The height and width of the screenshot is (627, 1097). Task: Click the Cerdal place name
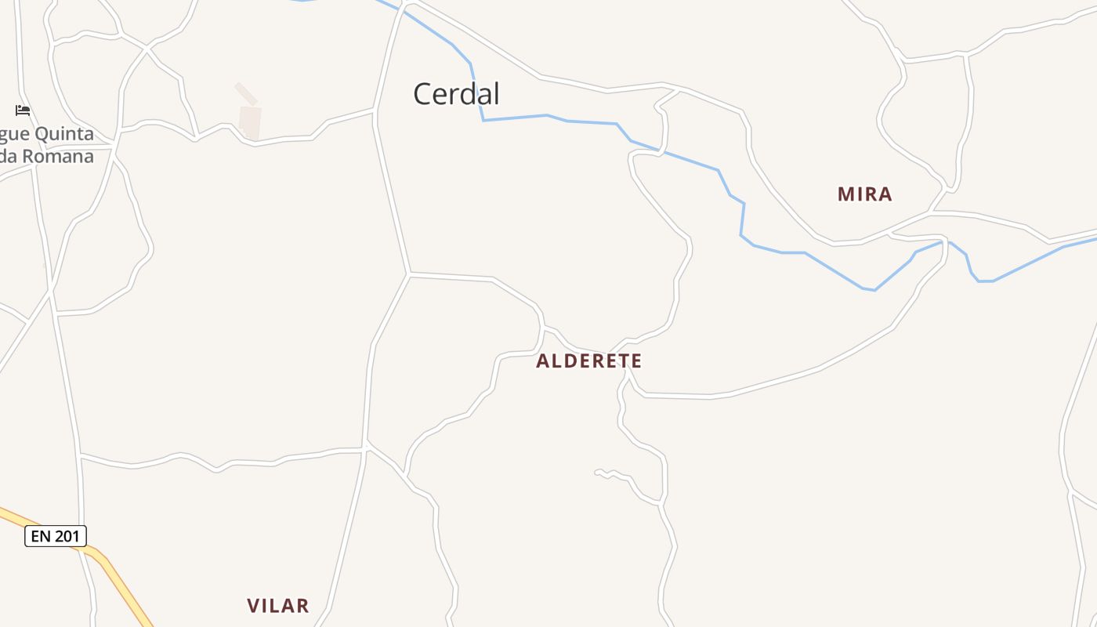point(456,94)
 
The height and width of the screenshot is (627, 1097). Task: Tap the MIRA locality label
point(865,194)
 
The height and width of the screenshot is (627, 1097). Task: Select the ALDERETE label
point(589,361)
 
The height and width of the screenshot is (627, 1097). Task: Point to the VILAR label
point(278,605)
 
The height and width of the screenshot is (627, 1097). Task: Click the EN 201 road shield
point(56,536)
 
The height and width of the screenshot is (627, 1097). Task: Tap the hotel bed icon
point(23,111)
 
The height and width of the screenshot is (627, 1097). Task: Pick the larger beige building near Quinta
point(250,123)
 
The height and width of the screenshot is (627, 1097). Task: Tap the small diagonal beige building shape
point(246,93)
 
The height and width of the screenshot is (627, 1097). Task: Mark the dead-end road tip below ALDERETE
point(597,472)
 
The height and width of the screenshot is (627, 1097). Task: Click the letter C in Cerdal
point(423,94)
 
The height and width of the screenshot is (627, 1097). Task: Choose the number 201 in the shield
point(67,536)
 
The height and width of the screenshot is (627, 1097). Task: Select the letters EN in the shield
point(41,536)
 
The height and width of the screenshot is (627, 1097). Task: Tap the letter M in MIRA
point(845,194)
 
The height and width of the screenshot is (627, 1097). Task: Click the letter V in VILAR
point(253,605)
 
